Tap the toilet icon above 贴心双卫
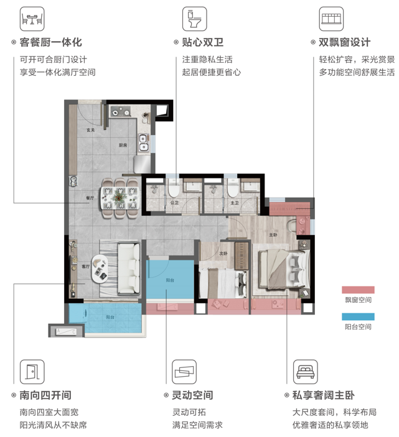194,19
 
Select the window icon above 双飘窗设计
331,19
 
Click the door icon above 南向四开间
31,372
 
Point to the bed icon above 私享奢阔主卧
305,372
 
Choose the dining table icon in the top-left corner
31,19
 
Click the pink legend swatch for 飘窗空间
357,290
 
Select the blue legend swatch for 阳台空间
357,316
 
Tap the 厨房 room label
123,145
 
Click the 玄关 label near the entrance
90,130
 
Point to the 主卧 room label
273,236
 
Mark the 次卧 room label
223,253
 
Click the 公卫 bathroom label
175,203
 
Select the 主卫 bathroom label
234,203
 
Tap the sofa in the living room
129,269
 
